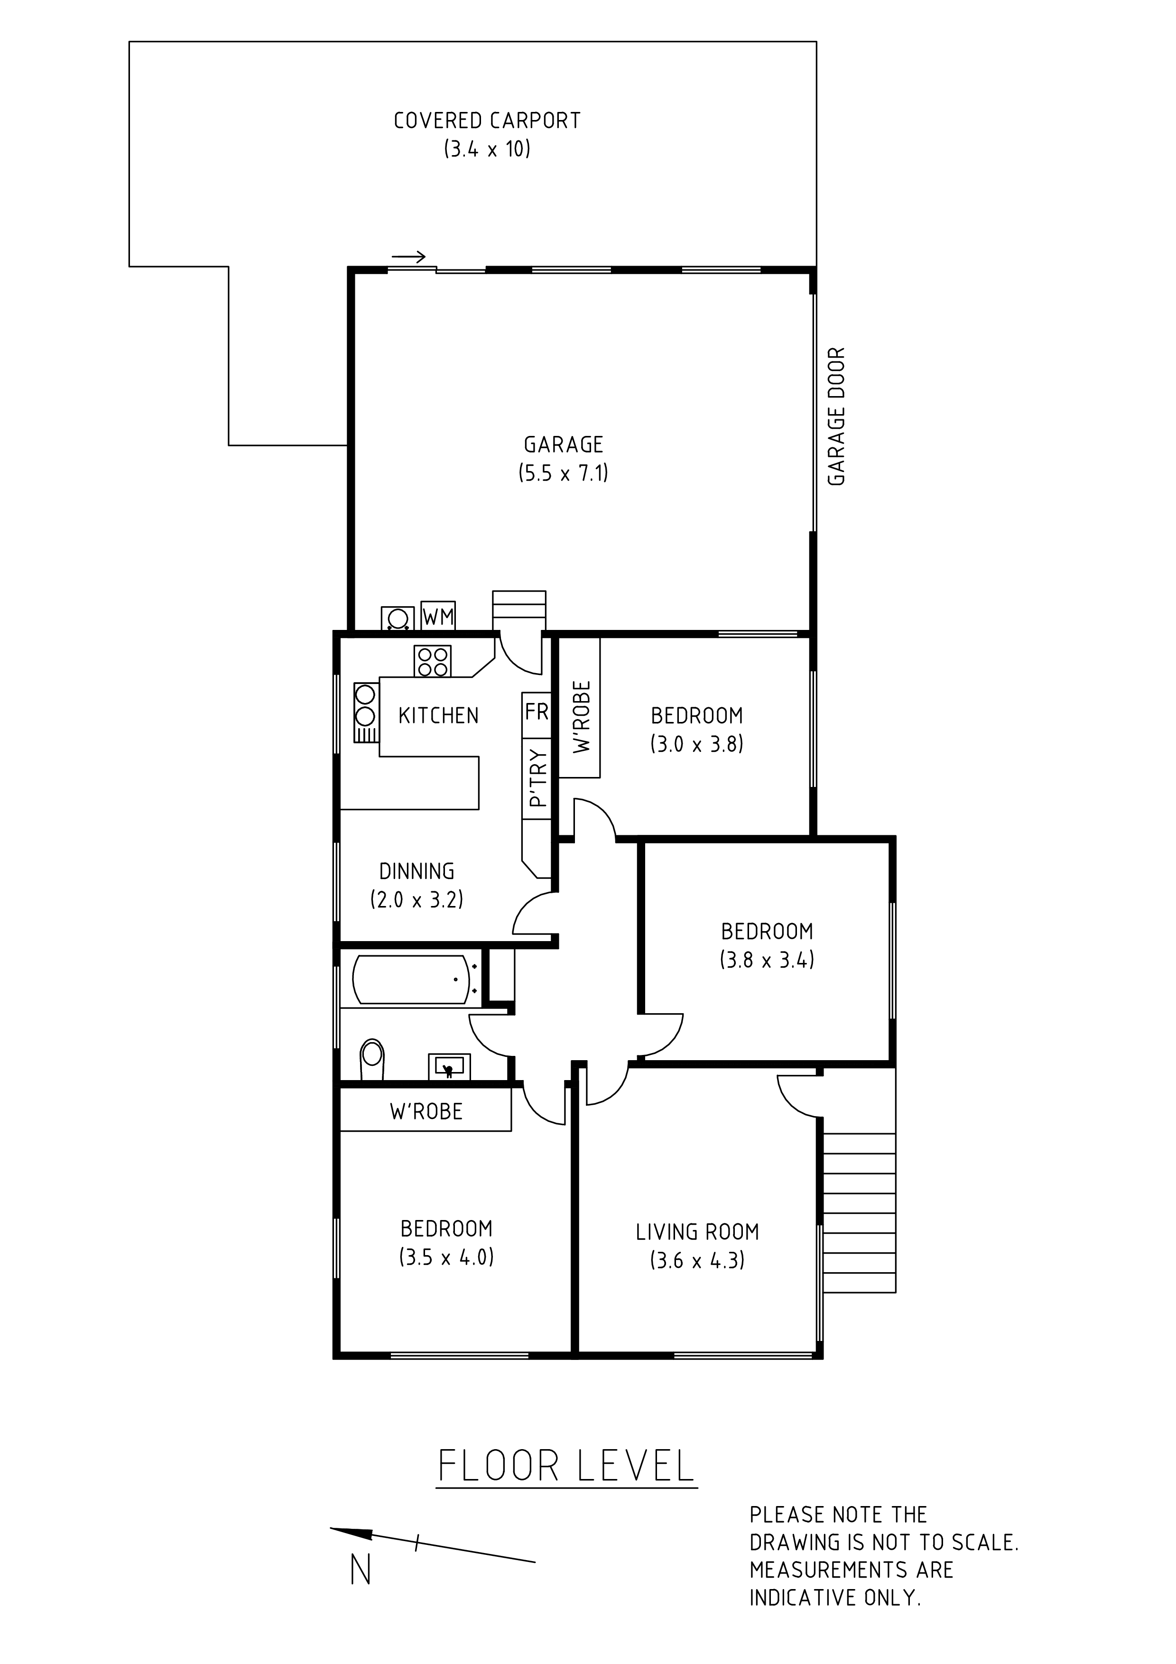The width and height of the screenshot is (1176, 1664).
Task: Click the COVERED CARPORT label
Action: click(487, 120)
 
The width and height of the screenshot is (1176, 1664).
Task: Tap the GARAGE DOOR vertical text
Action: click(836, 417)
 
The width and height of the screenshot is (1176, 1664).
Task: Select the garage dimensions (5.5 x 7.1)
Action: click(563, 473)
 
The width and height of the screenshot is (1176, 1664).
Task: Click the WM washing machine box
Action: click(438, 616)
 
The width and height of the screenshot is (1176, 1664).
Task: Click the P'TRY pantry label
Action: click(537, 777)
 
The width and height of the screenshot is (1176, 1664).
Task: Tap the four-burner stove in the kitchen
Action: click(433, 661)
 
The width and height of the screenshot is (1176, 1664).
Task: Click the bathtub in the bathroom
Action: click(411, 980)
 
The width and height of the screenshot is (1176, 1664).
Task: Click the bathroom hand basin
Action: click(449, 1066)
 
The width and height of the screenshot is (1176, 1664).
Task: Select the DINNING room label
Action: click(417, 871)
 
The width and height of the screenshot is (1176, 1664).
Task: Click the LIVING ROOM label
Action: click(697, 1232)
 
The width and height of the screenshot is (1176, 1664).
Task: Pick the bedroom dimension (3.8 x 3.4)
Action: click(767, 960)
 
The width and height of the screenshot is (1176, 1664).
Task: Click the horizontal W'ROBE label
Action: click(426, 1112)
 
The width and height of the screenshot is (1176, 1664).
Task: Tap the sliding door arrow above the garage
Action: click(408, 257)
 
